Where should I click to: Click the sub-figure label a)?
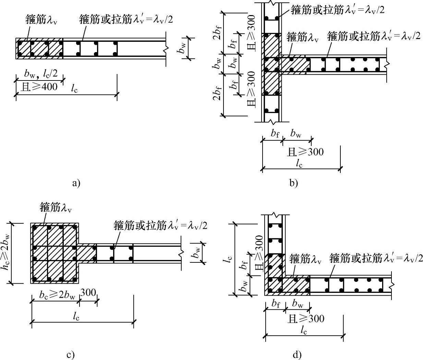point(76,183)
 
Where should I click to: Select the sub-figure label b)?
point(294,183)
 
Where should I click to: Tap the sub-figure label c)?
point(71,355)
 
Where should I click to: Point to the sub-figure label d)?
point(298,355)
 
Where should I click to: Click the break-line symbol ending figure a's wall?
point(166,50)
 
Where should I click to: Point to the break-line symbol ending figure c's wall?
point(181,254)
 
